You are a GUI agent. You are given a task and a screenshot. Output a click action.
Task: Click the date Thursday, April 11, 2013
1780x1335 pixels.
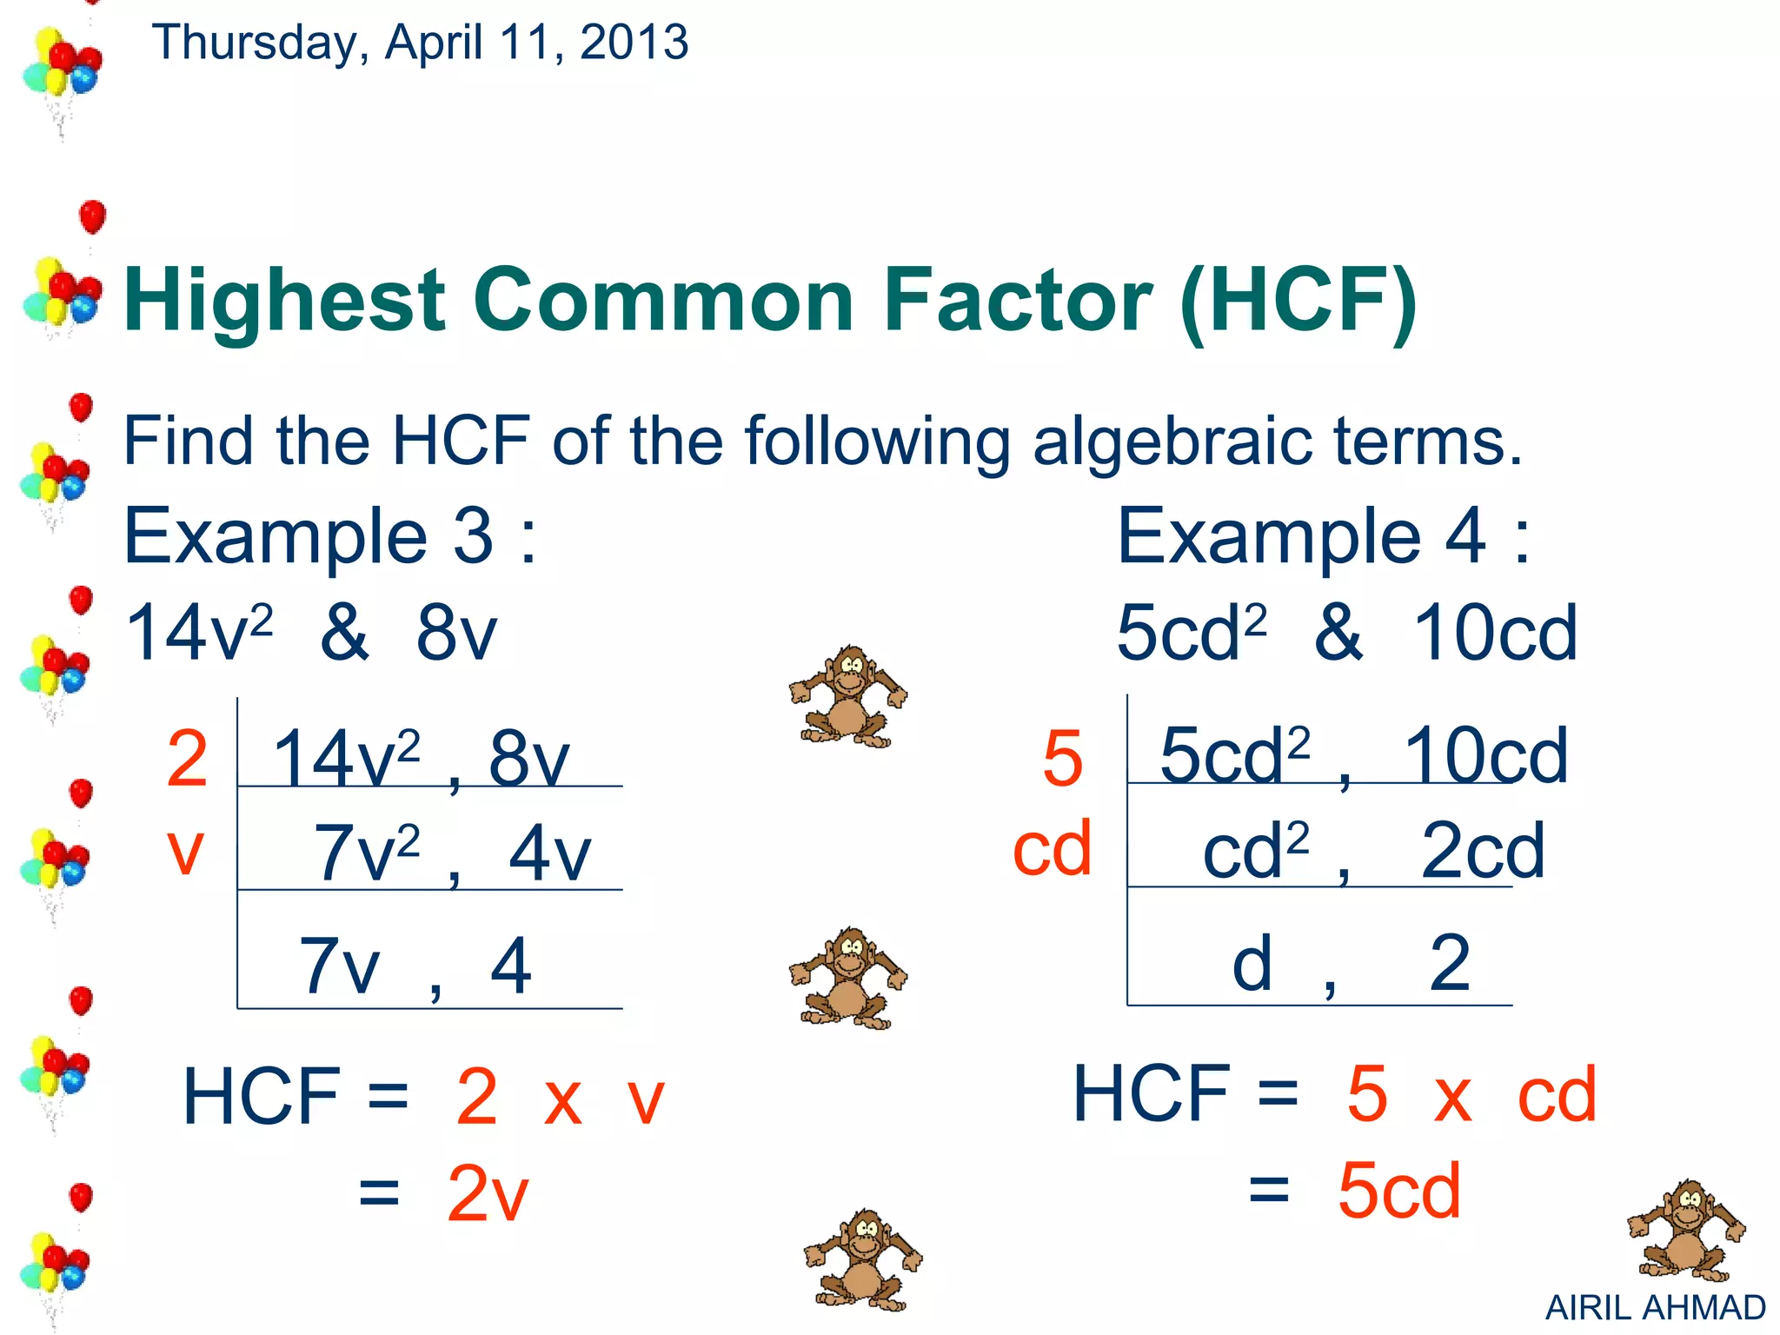(x=420, y=42)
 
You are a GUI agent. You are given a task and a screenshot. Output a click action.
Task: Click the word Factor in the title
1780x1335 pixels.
(x=1017, y=300)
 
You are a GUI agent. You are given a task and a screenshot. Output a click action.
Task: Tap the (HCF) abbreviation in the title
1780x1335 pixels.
(x=1298, y=302)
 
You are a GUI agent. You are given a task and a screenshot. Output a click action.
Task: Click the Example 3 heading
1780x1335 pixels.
(x=330, y=536)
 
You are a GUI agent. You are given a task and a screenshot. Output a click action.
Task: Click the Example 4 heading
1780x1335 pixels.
(x=1323, y=536)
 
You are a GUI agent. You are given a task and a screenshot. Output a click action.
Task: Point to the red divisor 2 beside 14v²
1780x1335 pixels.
(x=187, y=759)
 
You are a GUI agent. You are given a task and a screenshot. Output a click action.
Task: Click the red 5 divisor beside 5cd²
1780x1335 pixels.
(x=1063, y=759)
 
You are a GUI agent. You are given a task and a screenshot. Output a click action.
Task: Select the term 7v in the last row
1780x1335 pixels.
(x=339, y=966)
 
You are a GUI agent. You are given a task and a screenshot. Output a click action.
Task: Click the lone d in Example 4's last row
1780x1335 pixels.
(x=1252, y=963)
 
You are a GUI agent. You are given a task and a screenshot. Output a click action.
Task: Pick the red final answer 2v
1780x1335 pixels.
(x=488, y=1193)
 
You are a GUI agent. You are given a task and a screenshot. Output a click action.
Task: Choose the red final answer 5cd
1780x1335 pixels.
(x=1398, y=1190)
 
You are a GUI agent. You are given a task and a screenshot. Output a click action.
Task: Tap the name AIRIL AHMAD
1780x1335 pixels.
(x=1655, y=1307)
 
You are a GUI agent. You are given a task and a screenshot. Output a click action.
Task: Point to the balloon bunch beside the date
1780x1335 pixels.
(x=61, y=74)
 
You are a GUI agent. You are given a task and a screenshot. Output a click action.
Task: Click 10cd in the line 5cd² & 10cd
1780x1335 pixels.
(x=1495, y=633)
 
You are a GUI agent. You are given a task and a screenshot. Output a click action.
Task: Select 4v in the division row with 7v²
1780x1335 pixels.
(x=549, y=853)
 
